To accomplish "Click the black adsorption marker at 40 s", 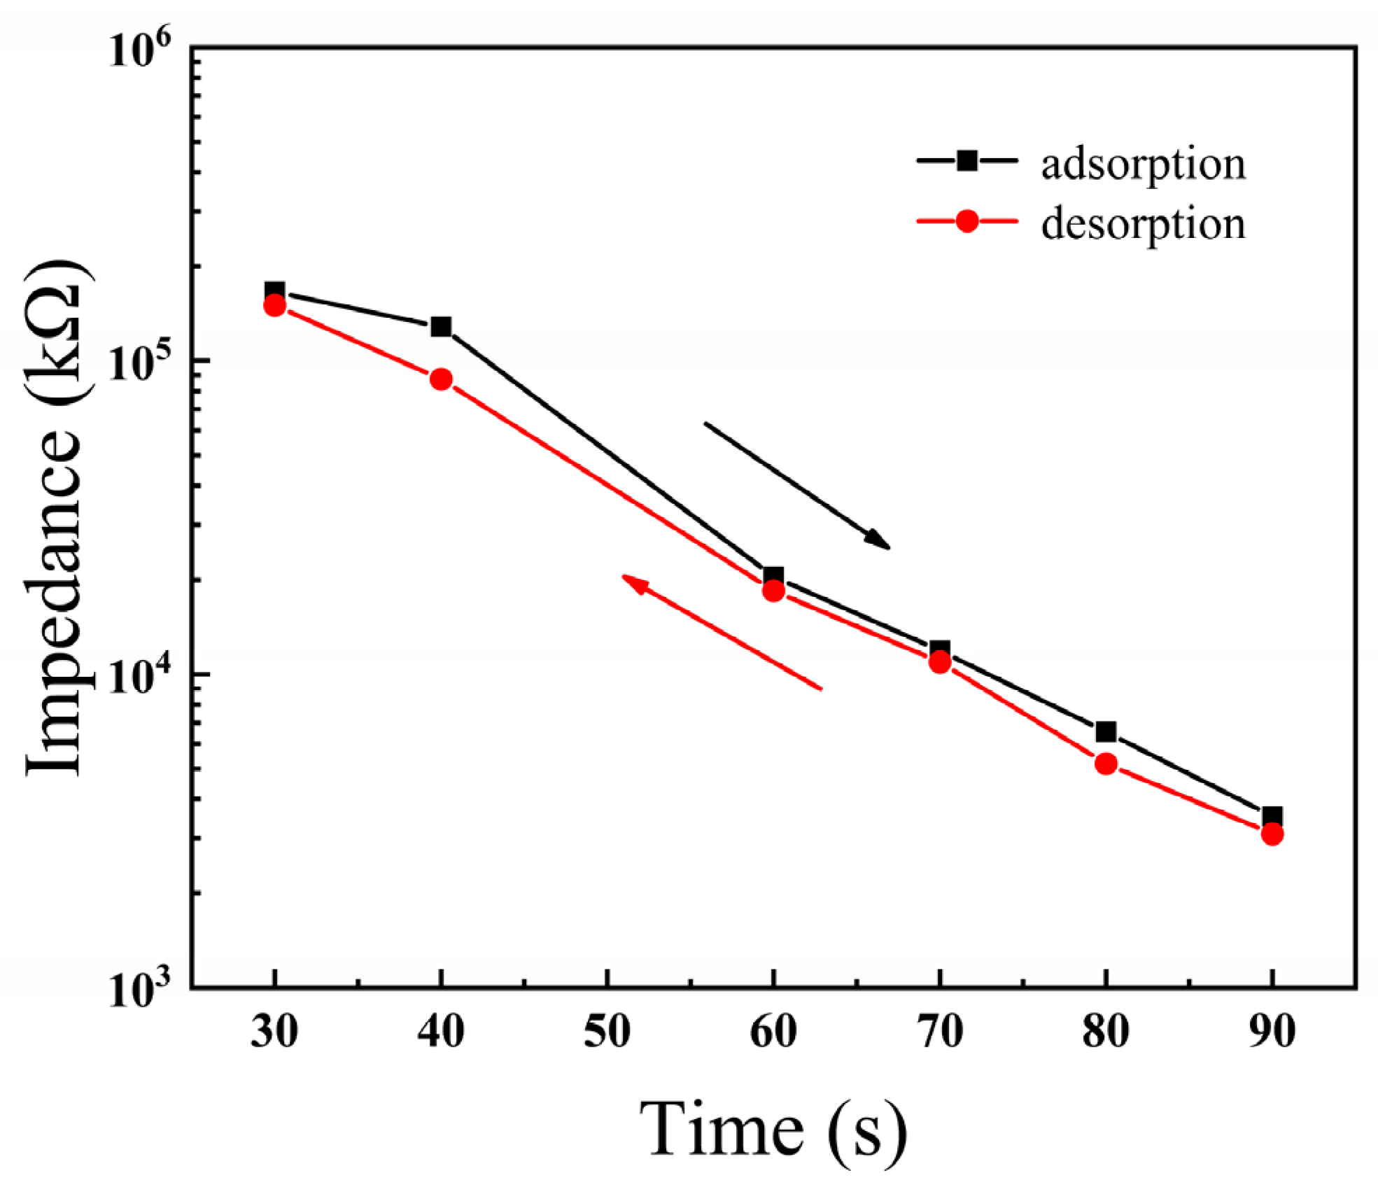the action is point(441,327).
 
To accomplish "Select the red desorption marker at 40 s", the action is point(441,379).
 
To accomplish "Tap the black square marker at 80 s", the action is point(1106,732).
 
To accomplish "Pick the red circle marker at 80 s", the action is point(1106,764).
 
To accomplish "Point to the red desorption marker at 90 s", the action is point(1272,834).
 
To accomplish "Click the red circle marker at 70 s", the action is point(940,662).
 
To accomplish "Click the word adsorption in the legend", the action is point(1144,166).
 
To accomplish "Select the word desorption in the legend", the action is point(1144,225).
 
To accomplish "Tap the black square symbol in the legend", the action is point(967,160).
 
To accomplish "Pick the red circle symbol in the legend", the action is point(967,220).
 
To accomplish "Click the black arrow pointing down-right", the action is point(797,486).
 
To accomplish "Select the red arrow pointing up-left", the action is point(722,632).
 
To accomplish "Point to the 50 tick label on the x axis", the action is point(607,1032).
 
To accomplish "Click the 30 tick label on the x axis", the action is point(274,1032).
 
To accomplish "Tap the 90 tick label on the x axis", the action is point(1272,1032).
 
